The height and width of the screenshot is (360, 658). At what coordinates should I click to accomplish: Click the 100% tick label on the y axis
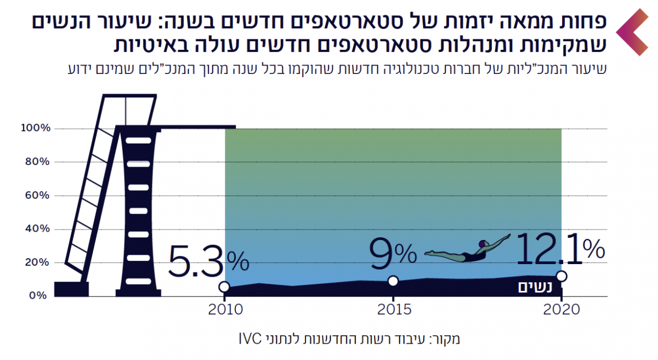(x=36, y=128)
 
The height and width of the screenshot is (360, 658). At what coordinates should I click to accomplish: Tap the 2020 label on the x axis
(x=561, y=310)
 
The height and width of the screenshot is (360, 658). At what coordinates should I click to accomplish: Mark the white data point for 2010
(x=224, y=287)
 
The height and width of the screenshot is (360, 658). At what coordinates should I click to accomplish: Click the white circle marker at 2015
(x=393, y=281)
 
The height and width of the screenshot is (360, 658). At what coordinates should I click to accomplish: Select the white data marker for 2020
(x=561, y=276)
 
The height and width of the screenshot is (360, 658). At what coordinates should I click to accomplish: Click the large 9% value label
(x=393, y=254)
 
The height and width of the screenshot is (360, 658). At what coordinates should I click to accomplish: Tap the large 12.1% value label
(x=560, y=249)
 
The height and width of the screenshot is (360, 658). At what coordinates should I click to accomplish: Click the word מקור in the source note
(x=447, y=338)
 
